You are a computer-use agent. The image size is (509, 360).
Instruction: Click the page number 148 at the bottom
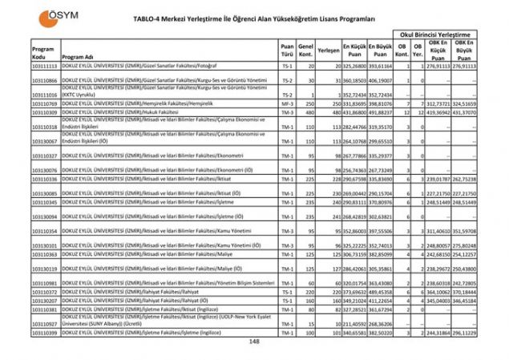tap(254, 342)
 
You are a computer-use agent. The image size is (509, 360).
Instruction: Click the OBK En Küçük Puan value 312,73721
tap(437, 103)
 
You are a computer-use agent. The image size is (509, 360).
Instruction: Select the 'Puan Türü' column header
tap(287, 51)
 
